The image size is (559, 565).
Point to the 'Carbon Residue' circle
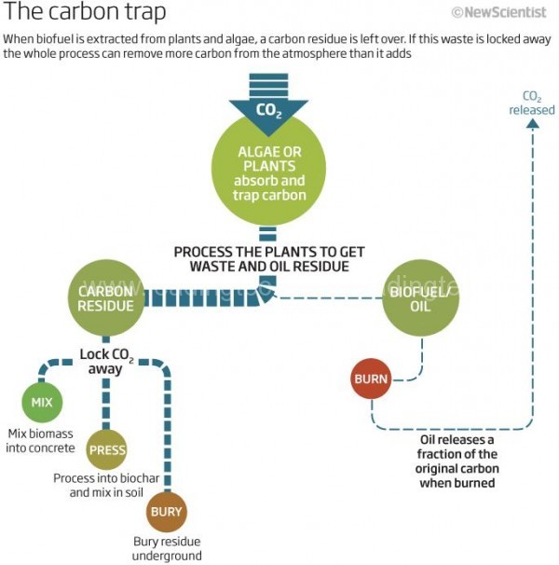point(106,298)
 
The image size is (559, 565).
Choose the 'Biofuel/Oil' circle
point(420,298)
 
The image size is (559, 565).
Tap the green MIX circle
point(42,403)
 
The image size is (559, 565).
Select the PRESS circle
point(107,450)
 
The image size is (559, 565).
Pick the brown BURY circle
point(166,512)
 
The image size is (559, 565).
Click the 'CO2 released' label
point(531,103)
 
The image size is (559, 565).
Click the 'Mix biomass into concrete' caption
point(41,441)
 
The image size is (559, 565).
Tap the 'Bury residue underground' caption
point(167,548)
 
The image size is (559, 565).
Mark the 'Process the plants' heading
point(269,259)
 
